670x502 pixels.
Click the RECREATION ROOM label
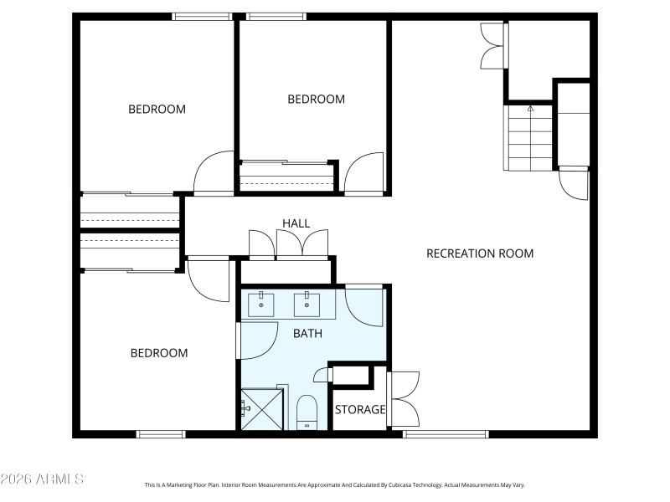coord(480,254)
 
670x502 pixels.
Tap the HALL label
coord(296,223)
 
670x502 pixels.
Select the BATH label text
coord(307,333)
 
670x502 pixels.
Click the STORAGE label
coord(360,410)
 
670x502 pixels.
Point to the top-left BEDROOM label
coord(157,109)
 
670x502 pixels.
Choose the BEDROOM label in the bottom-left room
coord(159,353)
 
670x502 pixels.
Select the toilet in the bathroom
coord(307,412)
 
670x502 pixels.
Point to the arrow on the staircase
coord(530,109)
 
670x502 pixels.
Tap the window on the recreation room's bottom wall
coord(446,433)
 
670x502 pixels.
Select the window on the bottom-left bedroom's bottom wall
coord(161,433)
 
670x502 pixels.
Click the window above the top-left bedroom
coord(202,16)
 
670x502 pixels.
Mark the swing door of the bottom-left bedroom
coord(207,279)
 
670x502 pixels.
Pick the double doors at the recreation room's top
coord(492,46)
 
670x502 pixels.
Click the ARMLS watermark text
coord(42,479)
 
